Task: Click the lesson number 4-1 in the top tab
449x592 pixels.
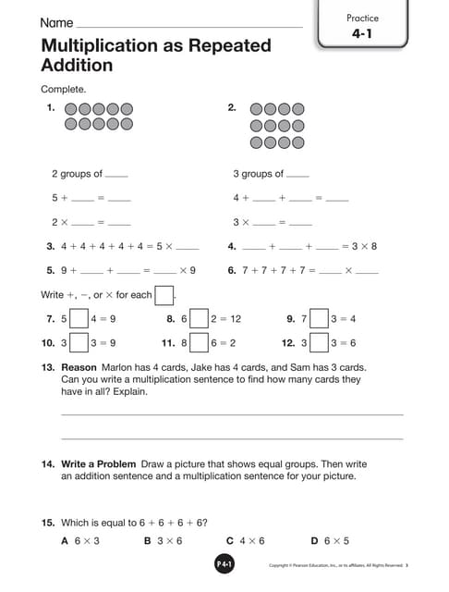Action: tap(363, 34)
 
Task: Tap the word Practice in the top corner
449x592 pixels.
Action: tap(363, 18)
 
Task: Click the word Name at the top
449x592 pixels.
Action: tap(56, 22)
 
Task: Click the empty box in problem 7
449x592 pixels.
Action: tap(79, 319)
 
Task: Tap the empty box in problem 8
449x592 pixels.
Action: tap(200, 319)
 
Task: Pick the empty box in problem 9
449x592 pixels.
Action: tap(319, 319)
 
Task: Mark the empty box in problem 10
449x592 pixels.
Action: tap(79, 342)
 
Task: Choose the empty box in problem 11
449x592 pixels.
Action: tap(200, 342)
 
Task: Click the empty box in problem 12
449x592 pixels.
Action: tap(319, 342)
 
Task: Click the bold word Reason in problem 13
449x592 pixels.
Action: tap(79, 367)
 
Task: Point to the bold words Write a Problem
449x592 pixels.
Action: tap(99, 464)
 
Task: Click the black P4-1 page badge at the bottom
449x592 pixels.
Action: tap(224, 564)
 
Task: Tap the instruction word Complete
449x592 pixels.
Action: tap(64, 90)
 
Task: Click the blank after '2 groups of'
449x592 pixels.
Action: tap(117, 175)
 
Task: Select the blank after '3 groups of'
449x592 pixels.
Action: tap(298, 175)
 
